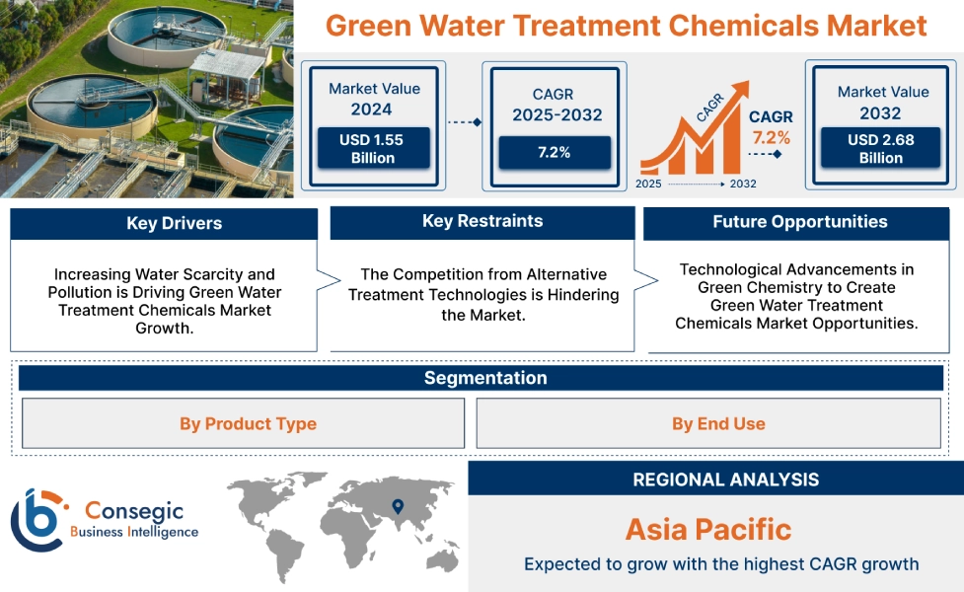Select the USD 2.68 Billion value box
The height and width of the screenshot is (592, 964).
(881, 149)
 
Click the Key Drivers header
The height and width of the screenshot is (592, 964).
(164, 224)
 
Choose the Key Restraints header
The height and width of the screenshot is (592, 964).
(482, 222)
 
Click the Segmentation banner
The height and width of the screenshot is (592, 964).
(484, 378)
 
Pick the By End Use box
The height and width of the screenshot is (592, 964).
(718, 423)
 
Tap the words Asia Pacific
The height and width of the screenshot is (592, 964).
(708, 529)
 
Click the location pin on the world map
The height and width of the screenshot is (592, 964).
(398, 507)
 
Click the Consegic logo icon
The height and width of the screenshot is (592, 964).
(37, 520)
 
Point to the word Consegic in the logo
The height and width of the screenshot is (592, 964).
(134, 510)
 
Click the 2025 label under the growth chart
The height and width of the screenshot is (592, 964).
(648, 184)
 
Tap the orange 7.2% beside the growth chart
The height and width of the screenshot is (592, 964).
(771, 136)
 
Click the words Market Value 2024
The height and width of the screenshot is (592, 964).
(374, 99)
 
